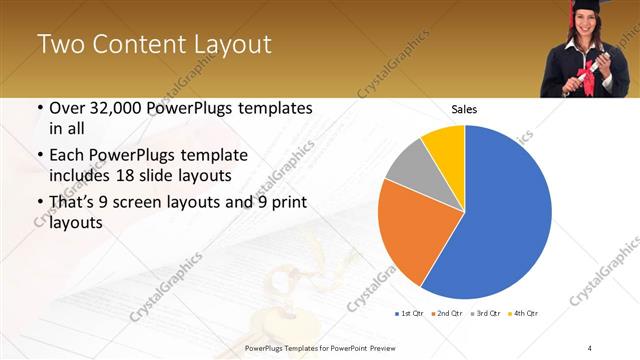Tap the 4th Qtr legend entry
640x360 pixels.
pyautogui.click(x=522, y=314)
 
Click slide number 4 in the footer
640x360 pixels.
pyautogui.click(x=590, y=347)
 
